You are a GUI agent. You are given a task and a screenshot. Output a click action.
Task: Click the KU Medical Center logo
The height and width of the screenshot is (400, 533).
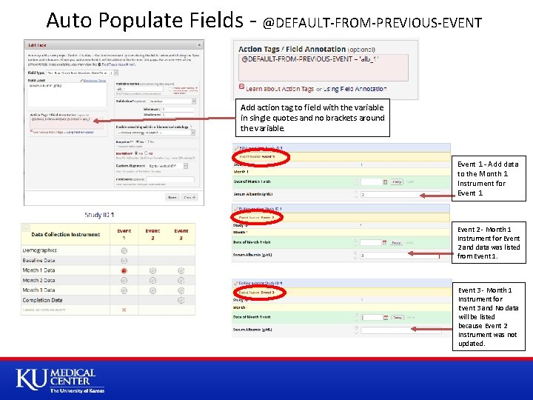56,380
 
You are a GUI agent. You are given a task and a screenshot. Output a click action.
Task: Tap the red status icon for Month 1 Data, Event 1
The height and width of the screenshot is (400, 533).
124,270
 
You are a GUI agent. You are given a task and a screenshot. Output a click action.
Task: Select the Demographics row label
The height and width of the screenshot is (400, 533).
39,250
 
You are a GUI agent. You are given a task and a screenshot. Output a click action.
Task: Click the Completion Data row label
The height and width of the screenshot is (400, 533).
42,300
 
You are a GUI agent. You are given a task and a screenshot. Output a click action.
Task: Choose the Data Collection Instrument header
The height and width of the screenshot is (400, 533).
66,235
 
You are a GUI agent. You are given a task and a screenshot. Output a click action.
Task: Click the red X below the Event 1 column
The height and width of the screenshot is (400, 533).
124,310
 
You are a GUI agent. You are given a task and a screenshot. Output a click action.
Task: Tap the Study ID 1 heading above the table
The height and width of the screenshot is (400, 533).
98,216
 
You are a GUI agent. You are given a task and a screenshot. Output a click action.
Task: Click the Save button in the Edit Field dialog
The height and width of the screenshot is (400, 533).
172,197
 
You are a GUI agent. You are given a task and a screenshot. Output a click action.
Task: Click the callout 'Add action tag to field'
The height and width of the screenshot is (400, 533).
312,117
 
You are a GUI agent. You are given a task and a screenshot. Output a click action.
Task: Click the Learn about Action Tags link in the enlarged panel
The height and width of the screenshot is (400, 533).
280,89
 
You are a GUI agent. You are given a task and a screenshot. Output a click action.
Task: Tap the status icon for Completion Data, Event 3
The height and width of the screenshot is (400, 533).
181,300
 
